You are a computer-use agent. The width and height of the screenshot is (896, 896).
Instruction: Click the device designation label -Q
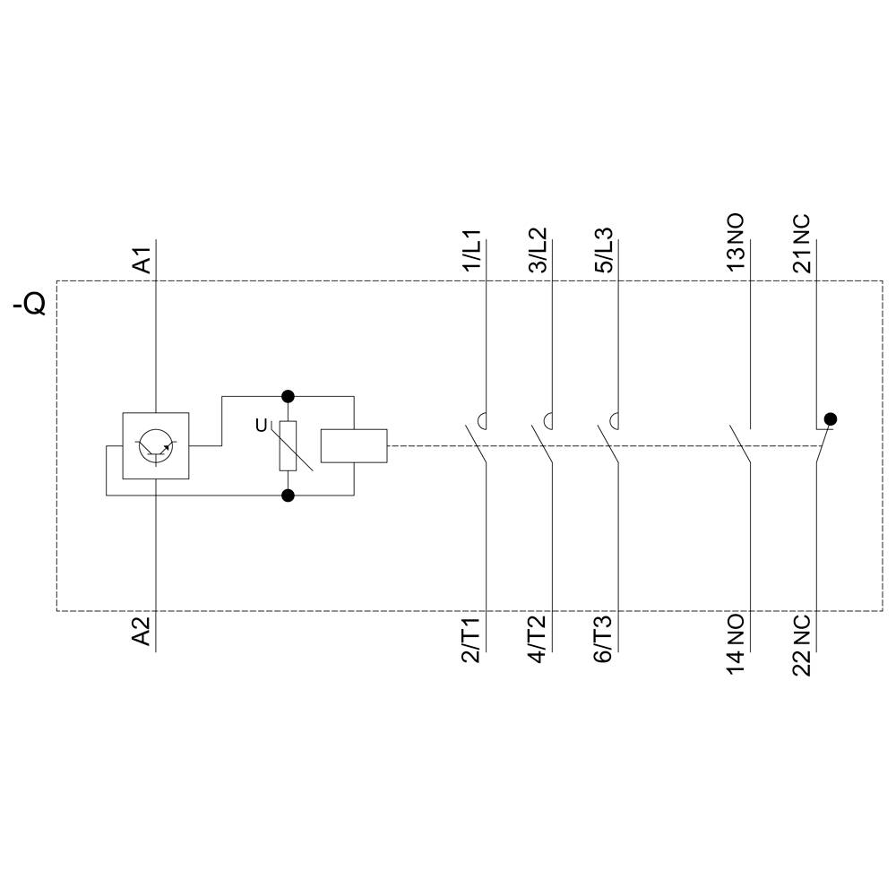pyautogui.click(x=29, y=306)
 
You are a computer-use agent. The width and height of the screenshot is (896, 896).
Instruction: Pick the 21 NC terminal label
pyautogui.click(x=802, y=243)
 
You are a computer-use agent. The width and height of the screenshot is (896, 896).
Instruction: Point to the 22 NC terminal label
pyautogui.click(x=802, y=644)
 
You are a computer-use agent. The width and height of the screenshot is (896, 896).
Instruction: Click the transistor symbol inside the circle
pyautogui.click(x=156, y=445)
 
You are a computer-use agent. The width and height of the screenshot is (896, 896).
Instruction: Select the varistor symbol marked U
pyautogui.click(x=288, y=445)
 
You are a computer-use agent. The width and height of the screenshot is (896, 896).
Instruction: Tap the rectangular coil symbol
pyautogui.click(x=354, y=445)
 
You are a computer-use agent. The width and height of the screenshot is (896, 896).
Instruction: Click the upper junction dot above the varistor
pyautogui.click(x=288, y=395)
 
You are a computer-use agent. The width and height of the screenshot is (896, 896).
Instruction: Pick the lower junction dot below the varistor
pyautogui.click(x=288, y=495)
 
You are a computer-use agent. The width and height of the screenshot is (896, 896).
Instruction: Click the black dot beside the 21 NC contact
pyautogui.click(x=831, y=418)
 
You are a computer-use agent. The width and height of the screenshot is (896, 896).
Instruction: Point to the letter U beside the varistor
pyautogui.click(x=262, y=426)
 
